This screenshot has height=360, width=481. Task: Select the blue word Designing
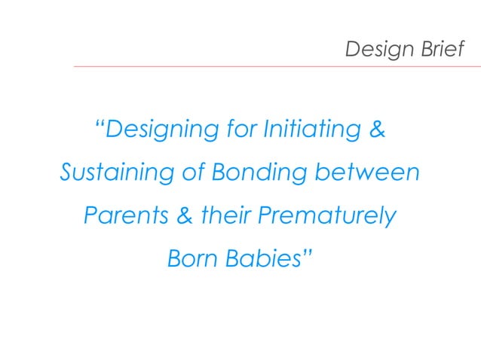(163, 130)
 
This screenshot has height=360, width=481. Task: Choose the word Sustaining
(115, 173)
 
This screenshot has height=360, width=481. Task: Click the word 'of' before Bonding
(191, 173)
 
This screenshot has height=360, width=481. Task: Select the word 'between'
(368, 173)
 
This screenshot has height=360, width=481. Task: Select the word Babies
(261, 260)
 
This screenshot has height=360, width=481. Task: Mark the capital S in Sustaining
(67, 173)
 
